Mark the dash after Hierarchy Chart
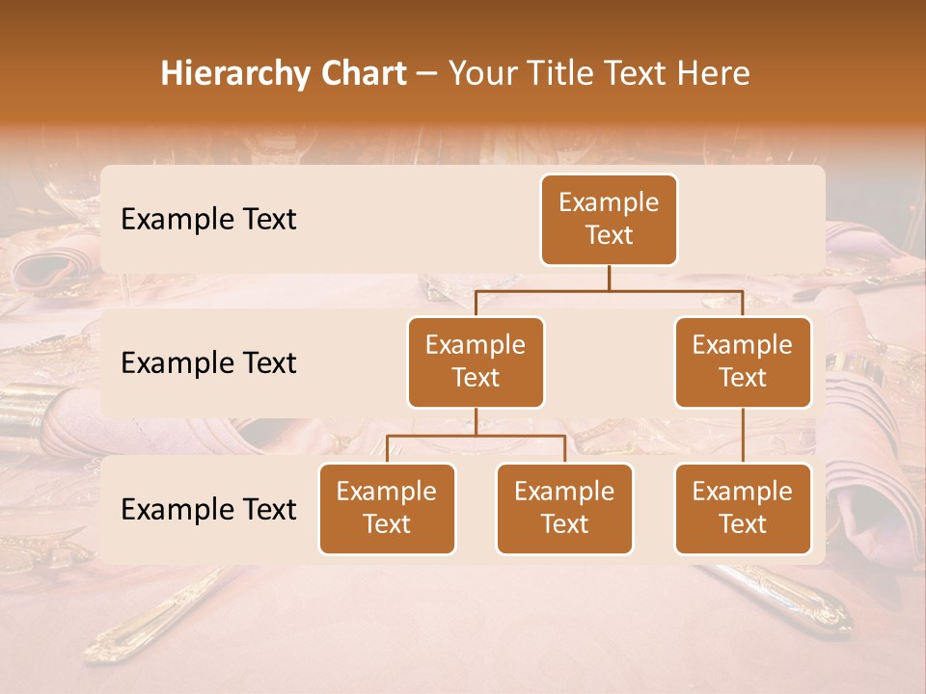(426, 74)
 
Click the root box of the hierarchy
(609, 219)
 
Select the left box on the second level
(476, 361)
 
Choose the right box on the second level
(743, 361)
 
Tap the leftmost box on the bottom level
(387, 508)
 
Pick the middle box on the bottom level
(564, 508)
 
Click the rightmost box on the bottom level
(743, 508)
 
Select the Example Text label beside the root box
(208, 220)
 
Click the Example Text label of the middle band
(208, 363)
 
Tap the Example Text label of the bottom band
(208, 509)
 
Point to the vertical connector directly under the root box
(609, 278)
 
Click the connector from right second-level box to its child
(743, 435)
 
